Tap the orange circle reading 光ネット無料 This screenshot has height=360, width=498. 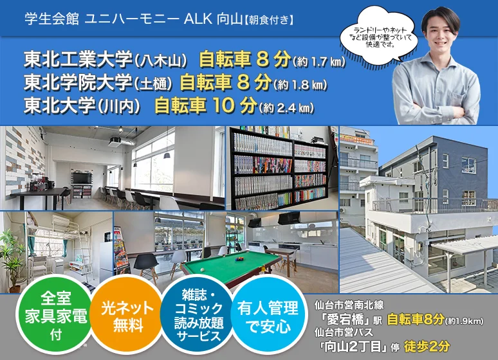pyautogui.click(x=127, y=316)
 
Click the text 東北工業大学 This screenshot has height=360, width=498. pyautogui.click(x=78, y=59)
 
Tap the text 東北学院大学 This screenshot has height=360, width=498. pyautogui.click(x=78, y=82)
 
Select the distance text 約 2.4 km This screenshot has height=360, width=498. pyautogui.click(x=287, y=108)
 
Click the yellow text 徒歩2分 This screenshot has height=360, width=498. pyautogui.click(x=427, y=346)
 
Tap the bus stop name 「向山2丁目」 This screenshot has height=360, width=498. pyautogui.click(x=355, y=346)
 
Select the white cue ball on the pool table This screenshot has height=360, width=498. pyautogui.click(x=203, y=270)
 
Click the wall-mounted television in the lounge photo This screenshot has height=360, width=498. pyautogui.click(x=82, y=178)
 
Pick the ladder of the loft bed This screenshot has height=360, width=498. pyautogui.click(x=86, y=251)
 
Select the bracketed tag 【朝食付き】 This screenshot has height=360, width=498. pyautogui.click(x=268, y=20)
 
